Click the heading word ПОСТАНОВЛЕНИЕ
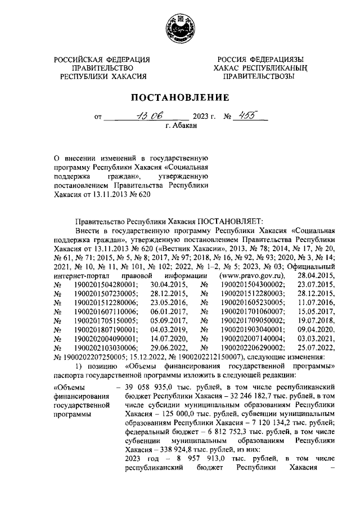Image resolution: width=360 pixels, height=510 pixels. point(180,97)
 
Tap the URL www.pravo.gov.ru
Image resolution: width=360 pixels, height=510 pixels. point(254,275)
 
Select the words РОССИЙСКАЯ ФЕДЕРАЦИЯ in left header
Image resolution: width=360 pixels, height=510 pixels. point(102,60)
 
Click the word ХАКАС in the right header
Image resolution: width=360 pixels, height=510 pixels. point(228,68)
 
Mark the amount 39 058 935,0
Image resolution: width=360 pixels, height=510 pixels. point(147,387)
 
